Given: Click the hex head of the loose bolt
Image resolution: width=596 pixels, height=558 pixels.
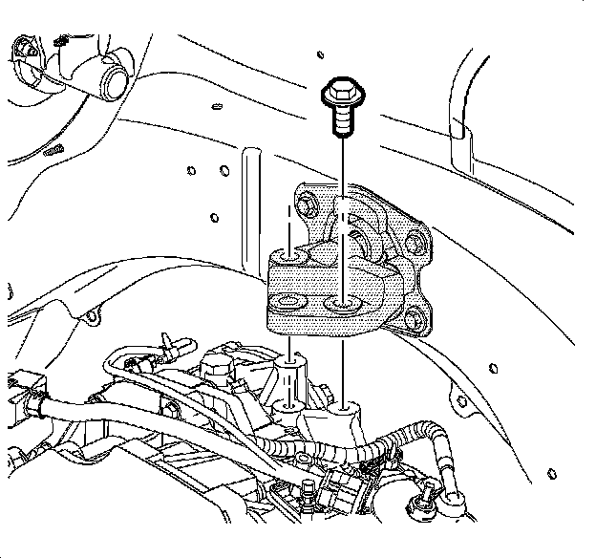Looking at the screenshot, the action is point(339,94).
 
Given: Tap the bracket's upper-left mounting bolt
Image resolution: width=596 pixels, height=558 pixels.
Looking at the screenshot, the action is point(308,204).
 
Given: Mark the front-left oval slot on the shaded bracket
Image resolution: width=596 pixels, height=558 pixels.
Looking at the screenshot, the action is point(284,307).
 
